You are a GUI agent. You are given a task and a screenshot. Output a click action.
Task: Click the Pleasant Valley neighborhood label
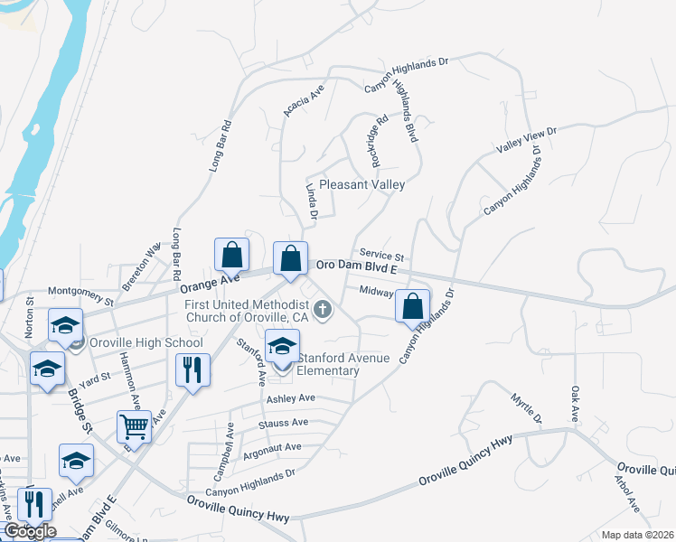coord(361,184)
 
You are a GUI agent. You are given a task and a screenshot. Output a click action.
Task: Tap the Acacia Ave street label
coord(303,101)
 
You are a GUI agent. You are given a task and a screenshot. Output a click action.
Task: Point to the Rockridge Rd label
coord(380,139)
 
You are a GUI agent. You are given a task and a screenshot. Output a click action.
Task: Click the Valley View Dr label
coord(527,139)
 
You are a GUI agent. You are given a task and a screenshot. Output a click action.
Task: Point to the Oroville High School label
coord(146,342)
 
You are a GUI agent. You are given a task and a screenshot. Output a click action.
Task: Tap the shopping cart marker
coord(134,424)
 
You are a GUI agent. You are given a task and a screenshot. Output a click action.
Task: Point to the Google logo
coord(29,531)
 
